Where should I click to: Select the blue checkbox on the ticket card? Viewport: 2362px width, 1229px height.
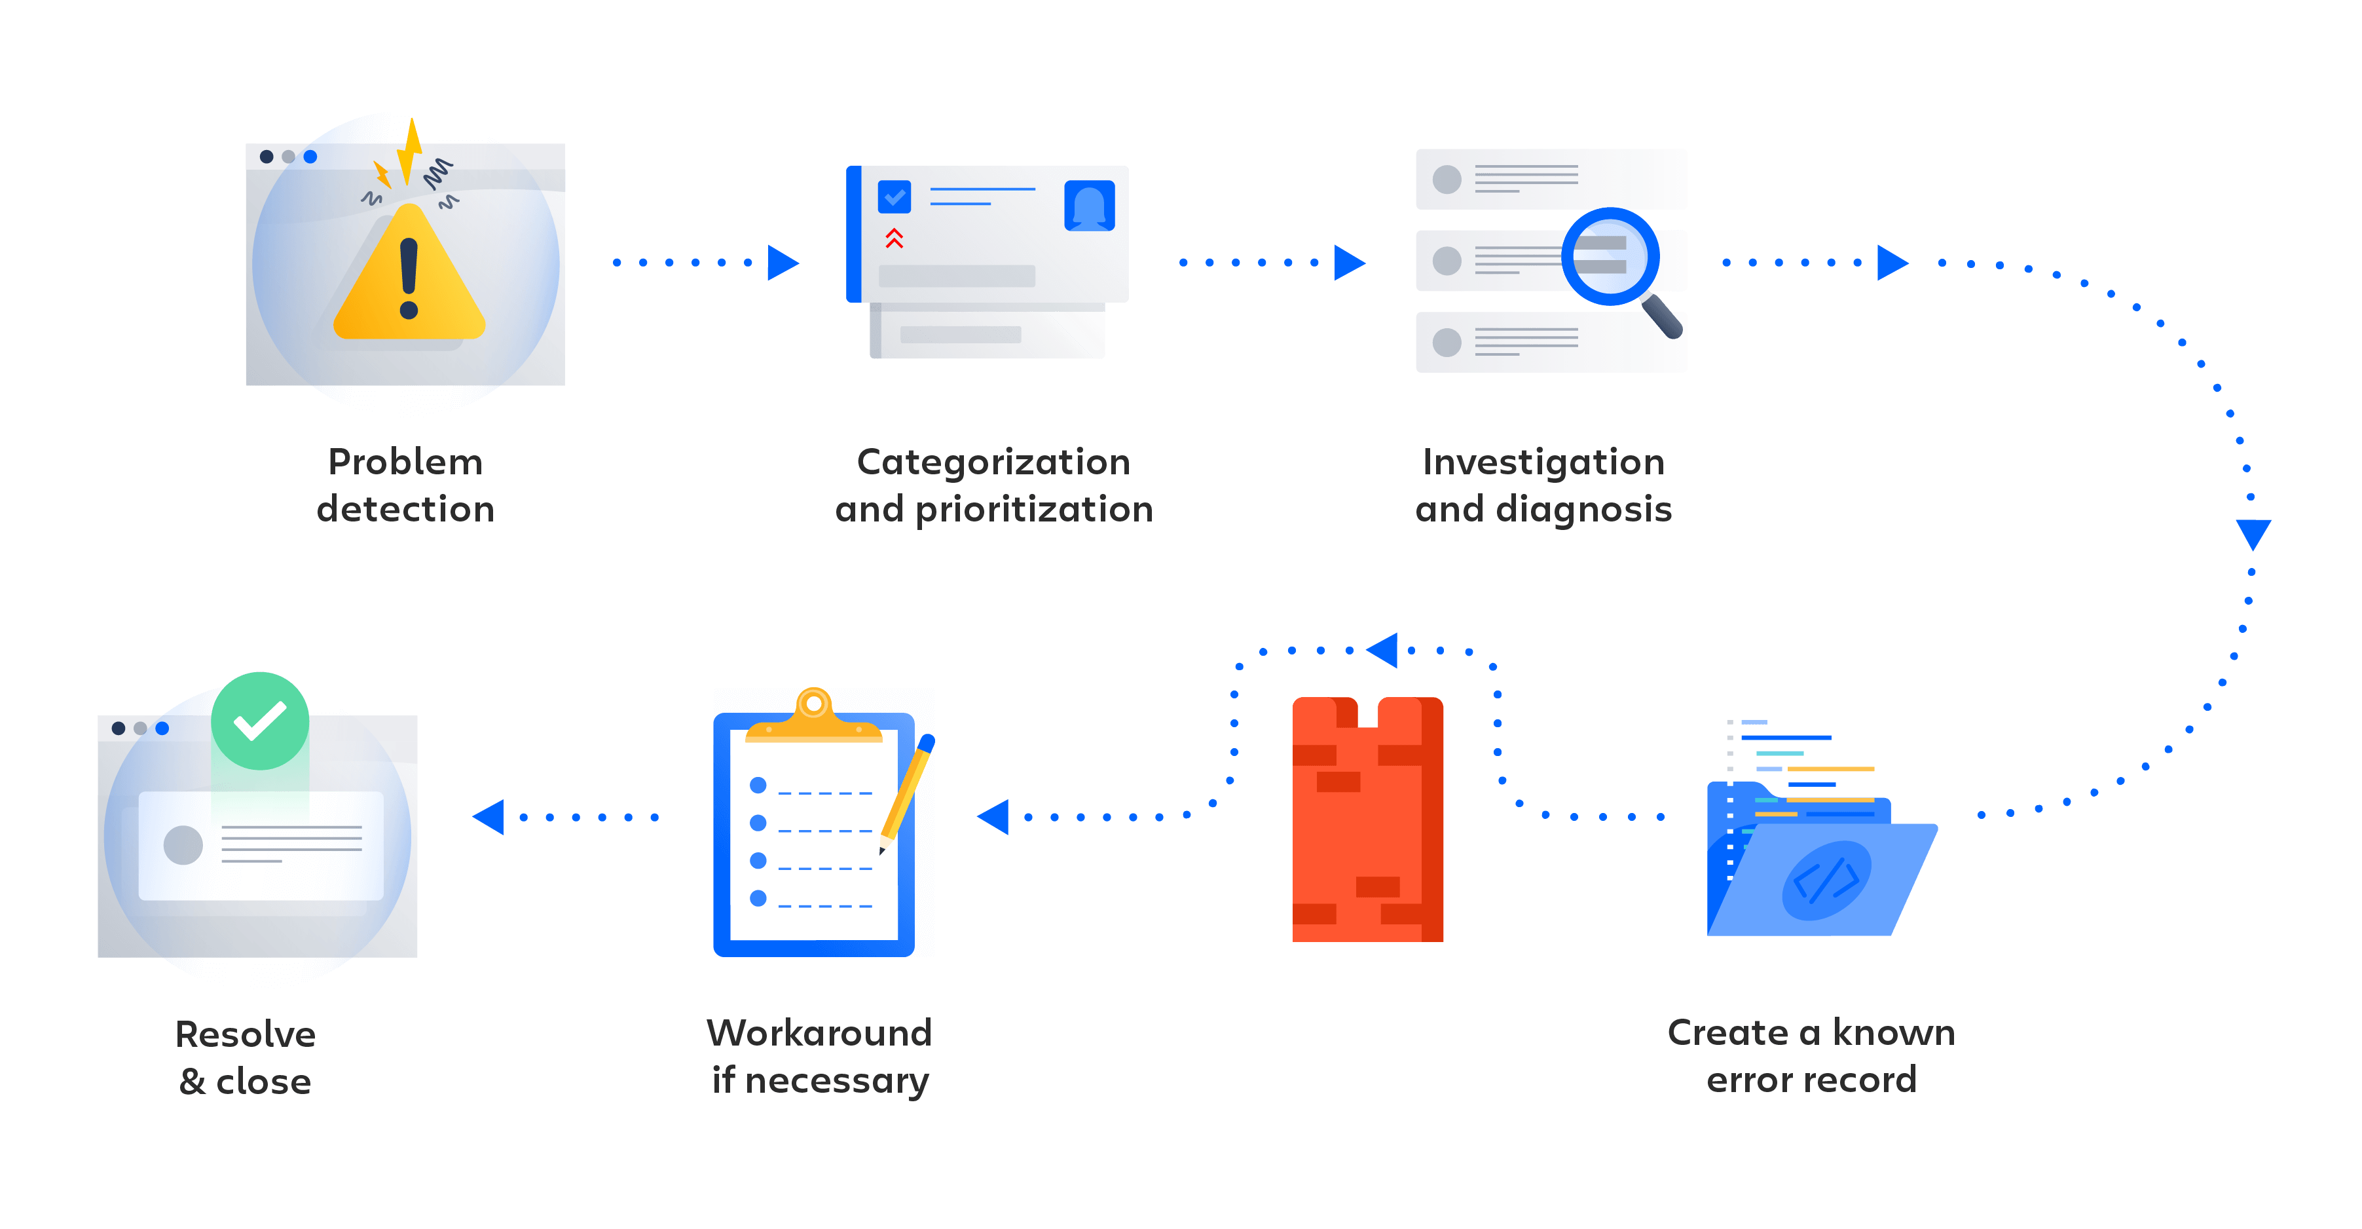[x=894, y=197]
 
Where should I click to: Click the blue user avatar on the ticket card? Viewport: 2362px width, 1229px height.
[x=1089, y=206]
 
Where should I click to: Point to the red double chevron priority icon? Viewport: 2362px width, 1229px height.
[x=894, y=238]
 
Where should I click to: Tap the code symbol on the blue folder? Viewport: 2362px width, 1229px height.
[x=1826, y=880]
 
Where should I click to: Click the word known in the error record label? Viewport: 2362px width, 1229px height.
[x=1893, y=1032]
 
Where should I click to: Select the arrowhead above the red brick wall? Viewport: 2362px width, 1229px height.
[x=1383, y=651]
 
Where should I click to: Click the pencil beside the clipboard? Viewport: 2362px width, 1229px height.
[x=905, y=793]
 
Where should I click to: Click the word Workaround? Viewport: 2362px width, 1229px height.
[x=819, y=1032]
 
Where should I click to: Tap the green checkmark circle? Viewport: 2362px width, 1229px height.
[x=261, y=721]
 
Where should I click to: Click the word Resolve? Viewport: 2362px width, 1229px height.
[x=246, y=1034]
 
